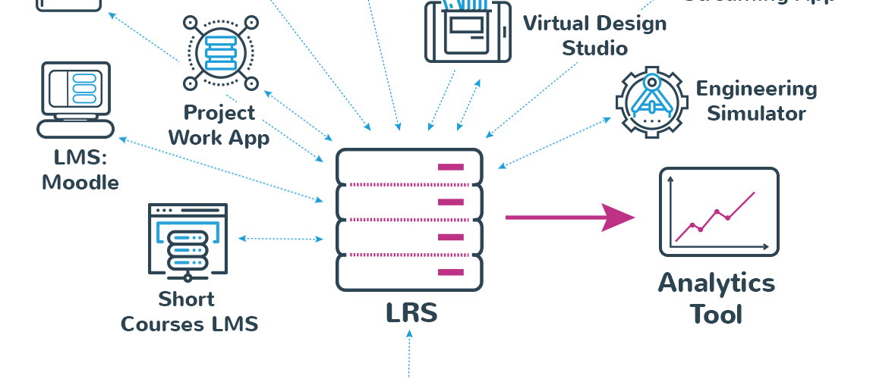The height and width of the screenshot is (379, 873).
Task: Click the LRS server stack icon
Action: click(x=409, y=220)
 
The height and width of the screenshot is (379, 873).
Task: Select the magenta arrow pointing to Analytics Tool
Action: click(x=569, y=218)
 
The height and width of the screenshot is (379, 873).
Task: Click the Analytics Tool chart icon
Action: click(x=718, y=211)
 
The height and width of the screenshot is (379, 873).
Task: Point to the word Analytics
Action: click(x=716, y=283)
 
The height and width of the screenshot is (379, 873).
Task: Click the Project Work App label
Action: click(x=219, y=125)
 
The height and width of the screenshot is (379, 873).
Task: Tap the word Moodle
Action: click(x=80, y=183)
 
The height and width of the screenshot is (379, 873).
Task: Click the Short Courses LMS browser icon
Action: click(x=188, y=239)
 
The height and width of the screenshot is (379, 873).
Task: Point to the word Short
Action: click(x=187, y=299)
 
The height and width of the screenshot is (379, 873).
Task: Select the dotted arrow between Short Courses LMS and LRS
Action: click(x=280, y=239)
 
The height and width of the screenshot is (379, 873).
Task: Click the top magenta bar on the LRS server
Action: click(x=450, y=167)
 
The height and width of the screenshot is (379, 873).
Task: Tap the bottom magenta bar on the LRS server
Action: click(x=450, y=271)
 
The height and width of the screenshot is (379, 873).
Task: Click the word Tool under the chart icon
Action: click(x=716, y=314)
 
